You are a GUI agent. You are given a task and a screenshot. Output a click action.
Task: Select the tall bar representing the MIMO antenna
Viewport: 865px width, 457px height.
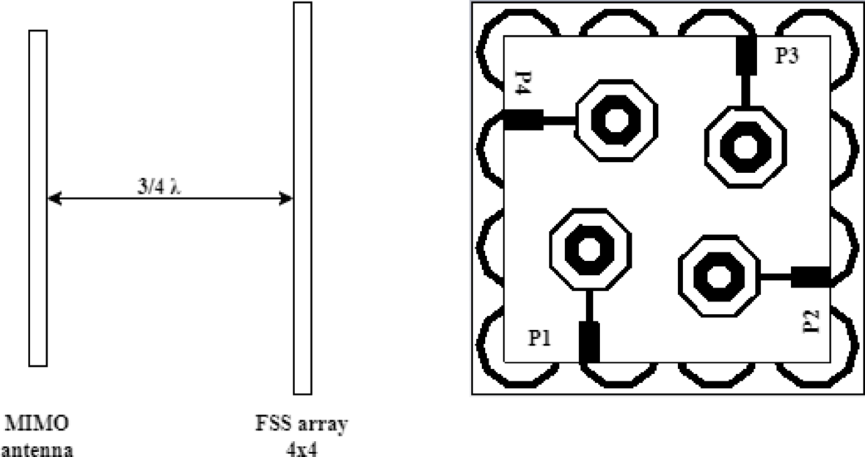tap(38, 198)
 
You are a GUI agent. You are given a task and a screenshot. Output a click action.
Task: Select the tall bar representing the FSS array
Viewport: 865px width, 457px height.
tap(302, 198)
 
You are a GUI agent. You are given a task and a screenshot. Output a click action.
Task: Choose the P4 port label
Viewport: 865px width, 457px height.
tap(522, 84)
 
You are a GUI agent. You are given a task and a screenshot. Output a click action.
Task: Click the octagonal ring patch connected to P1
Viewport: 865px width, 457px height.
tap(589, 249)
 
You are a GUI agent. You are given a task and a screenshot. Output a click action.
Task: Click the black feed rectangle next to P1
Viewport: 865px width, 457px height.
tap(589, 342)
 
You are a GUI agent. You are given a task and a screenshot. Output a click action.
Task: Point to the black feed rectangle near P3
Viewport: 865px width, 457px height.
tap(745, 56)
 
